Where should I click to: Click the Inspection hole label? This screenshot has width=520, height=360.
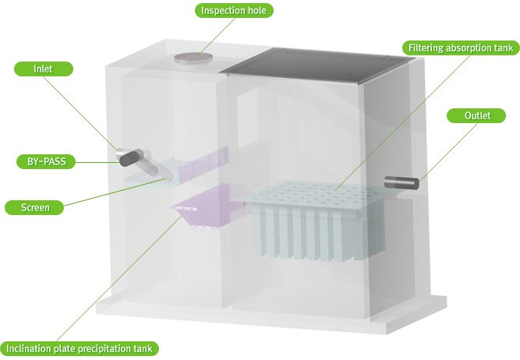tap(234, 11)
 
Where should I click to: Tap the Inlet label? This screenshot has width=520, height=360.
tap(43, 69)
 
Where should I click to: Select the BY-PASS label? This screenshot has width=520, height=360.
tap(46, 162)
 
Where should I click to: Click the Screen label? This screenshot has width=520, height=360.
tap(34, 207)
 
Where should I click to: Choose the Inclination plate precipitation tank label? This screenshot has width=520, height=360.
tap(80, 349)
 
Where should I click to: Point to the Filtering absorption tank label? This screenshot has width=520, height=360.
tap(461, 48)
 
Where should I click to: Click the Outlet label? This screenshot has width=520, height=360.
tap(476, 115)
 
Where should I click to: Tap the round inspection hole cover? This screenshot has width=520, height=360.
tap(193, 58)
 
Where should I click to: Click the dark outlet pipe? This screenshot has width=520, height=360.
tap(401, 183)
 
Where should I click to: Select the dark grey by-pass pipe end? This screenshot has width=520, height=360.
tap(131, 157)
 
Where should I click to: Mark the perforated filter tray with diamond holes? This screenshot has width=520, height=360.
tap(317, 195)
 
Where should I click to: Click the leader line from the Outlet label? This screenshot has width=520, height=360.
tap(447, 152)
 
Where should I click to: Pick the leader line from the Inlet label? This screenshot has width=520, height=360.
tap(80, 113)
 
